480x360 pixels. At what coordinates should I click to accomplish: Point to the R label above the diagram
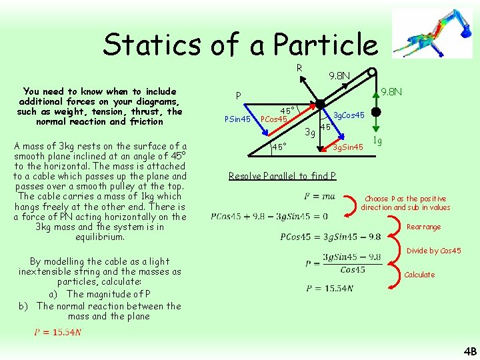coord(299,67)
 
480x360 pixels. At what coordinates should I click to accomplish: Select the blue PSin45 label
coord(237,120)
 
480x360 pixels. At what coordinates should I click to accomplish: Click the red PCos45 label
coord(273,120)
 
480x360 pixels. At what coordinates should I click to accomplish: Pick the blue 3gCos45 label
coord(349,115)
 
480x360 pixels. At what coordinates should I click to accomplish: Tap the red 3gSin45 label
coord(348,147)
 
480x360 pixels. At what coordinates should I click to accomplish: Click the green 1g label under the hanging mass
coord(377,141)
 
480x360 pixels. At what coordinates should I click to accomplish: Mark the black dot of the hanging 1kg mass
coord(376,111)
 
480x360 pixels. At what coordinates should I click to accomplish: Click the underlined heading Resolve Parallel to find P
coord(282,176)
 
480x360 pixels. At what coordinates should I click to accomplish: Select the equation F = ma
coord(319,197)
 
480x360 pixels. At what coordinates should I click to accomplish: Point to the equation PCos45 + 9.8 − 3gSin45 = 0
coord(269,216)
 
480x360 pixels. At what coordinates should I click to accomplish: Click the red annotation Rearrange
coord(423,227)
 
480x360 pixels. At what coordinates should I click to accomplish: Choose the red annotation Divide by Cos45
coord(433,251)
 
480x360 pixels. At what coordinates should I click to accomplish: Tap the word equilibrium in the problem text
coord(100,237)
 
